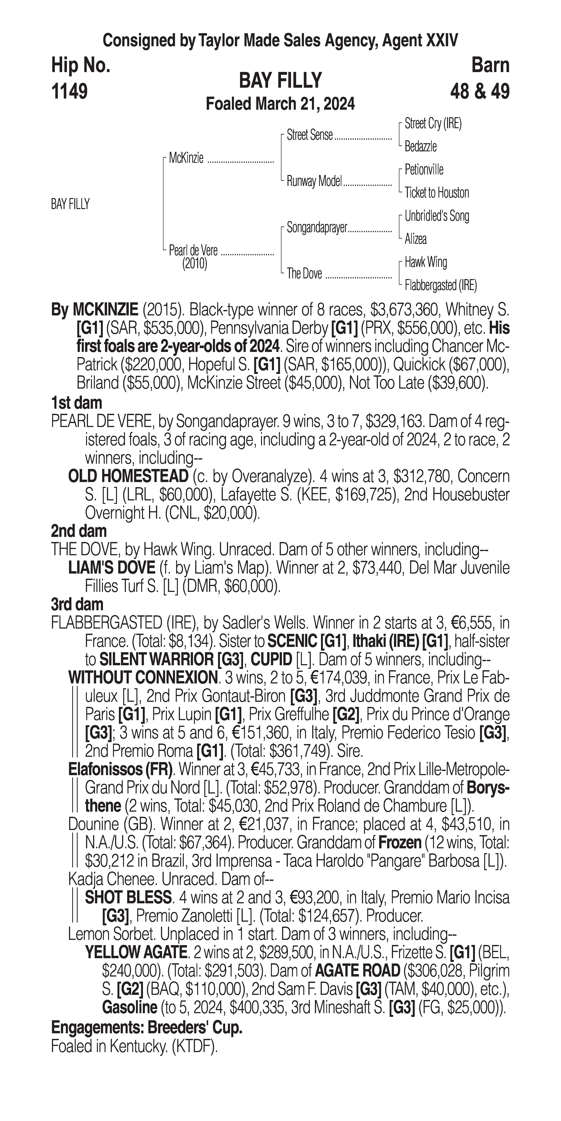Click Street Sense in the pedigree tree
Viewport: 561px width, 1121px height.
pyautogui.click(x=310, y=135)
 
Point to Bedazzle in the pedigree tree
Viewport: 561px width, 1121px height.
pyautogui.click(x=421, y=147)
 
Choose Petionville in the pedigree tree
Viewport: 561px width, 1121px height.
pyautogui.click(x=424, y=170)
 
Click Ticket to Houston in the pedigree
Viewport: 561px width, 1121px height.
pyautogui.click(x=437, y=193)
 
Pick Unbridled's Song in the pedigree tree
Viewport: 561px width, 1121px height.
pyautogui.click(x=437, y=216)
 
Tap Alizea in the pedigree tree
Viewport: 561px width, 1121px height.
pyautogui.click(x=416, y=239)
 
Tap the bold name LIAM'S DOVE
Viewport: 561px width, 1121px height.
pyautogui.click(x=112, y=568)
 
